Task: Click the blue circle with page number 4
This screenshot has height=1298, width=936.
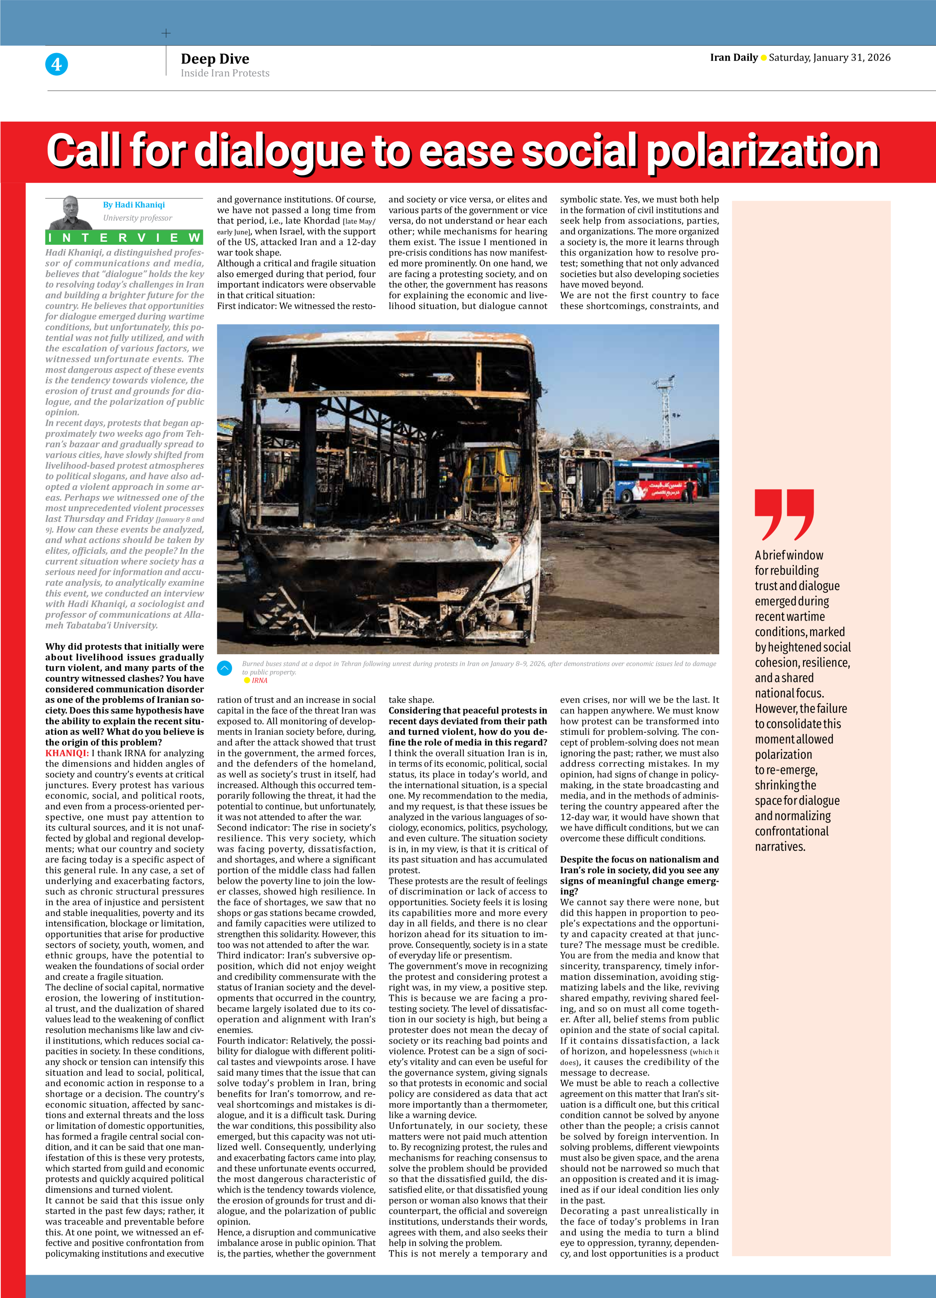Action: click(x=56, y=64)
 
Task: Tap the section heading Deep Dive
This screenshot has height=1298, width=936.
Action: click(x=215, y=59)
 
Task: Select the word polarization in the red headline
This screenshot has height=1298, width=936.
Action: click(x=763, y=151)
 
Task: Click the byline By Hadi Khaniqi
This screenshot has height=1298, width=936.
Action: click(x=134, y=205)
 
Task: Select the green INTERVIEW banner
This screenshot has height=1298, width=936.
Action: click(x=124, y=238)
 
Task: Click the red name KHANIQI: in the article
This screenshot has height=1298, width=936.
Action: click(x=67, y=753)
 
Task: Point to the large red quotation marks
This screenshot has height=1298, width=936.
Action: click(x=784, y=514)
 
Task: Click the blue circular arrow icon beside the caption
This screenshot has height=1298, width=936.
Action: click(x=224, y=667)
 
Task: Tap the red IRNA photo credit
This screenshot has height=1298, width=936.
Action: click(x=259, y=680)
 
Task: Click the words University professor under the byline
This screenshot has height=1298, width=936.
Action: click(x=137, y=218)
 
